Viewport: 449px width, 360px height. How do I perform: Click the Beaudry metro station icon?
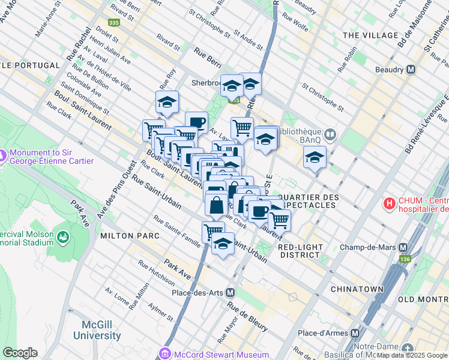pyautogui.click(x=411, y=70)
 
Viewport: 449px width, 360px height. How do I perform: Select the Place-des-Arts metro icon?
pyautogui.click(x=231, y=292)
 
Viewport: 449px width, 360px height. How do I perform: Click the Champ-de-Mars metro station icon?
pyautogui.click(x=403, y=247)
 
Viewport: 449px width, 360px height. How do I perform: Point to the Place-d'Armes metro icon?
pyautogui.click(x=355, y=333)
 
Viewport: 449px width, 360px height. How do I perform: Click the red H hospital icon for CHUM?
pyautogui.click(x=390, y=203)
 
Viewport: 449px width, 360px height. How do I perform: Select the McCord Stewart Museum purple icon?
pyautogui.click(x=164, y=353)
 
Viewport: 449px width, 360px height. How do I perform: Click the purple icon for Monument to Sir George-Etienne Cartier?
pyautogui.click(x=2, y=155)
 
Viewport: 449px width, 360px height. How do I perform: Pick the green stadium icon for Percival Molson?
pyautogui.click(x=62, y=238)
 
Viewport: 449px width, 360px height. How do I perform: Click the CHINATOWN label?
pyautogui.click(x=357, y=289)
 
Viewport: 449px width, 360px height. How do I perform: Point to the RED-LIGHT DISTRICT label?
pyautogui.click(x=300, y=251)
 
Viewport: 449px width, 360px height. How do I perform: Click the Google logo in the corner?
pyautogui.click(x=20, y=353)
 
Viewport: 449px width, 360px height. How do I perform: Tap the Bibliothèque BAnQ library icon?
pyautogui.click(x=330, y=134)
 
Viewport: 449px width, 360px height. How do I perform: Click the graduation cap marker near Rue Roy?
pyautogui.click(x=167, y=102)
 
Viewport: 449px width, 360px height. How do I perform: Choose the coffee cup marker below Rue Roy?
pyautogui.click(x=196, y=122)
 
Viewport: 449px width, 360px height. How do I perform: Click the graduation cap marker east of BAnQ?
pyautogui.click(x=315, y=157)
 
